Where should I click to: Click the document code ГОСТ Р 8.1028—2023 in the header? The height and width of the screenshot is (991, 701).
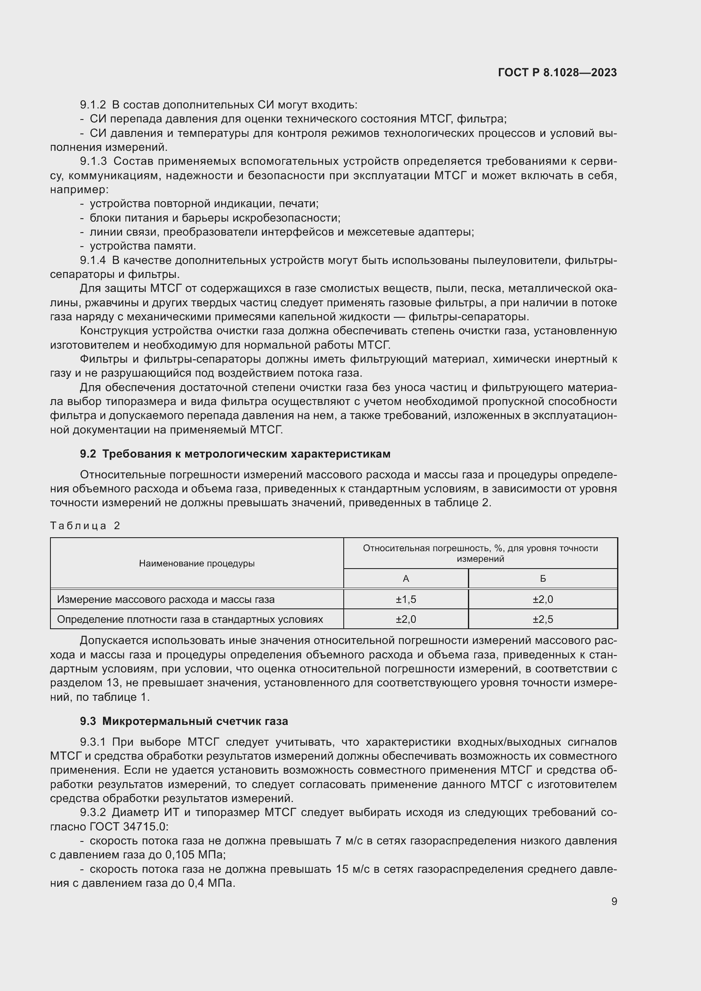557,72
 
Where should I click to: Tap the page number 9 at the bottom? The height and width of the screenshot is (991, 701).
614,901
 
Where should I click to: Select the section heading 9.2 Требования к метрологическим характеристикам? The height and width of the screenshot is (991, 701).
235,454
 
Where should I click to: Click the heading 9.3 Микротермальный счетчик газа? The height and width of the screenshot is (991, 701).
184,721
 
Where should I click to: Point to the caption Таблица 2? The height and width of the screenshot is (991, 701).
85,525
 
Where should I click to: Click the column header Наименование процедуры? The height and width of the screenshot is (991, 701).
197,563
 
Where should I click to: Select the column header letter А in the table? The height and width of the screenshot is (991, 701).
406,579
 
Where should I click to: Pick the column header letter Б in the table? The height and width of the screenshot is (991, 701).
542,579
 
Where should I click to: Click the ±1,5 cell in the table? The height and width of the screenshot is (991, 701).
406,599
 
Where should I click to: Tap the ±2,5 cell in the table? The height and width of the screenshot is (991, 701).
542,619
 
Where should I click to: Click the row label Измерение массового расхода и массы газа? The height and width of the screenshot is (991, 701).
166,599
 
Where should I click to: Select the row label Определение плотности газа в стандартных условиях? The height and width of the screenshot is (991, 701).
190,619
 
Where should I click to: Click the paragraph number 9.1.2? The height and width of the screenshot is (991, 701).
93,105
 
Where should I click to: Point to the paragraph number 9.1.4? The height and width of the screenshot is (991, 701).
93,260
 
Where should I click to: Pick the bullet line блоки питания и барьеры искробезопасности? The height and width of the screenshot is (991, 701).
215,217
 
